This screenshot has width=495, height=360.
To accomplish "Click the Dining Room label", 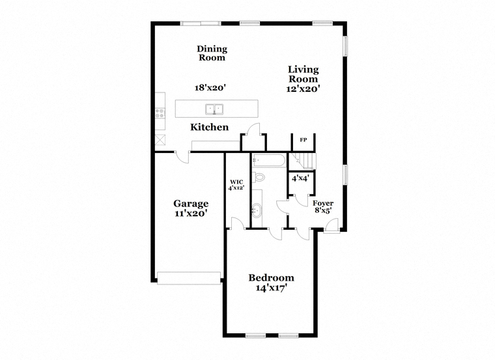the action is (212, 53).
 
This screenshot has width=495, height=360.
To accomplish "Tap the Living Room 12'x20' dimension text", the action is (303, 89).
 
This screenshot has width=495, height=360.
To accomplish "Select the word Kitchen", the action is (209, 127).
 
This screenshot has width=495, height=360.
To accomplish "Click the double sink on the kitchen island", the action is (214, 109).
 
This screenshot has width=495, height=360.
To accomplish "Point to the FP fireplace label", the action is (303, 140).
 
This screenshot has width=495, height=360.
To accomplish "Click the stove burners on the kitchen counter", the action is (160, 113).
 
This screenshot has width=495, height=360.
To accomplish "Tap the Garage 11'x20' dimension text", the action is (191, 214).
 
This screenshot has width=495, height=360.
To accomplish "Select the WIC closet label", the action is (236, 182).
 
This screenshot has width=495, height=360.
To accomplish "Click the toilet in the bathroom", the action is (259, 177).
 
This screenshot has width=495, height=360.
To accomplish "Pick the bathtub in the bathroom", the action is (270, 160).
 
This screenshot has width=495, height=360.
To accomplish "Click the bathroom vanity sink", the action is (257, 210).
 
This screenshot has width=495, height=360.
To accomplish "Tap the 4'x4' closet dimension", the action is (300, 178).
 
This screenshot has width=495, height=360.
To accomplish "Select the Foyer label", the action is (323, 204).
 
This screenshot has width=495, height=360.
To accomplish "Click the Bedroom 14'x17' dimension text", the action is (271, 288).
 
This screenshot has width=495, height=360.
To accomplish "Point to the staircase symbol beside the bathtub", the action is (302, 161).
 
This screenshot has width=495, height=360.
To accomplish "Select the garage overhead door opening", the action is (189, 278).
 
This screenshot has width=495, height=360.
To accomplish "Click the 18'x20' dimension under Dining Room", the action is (210, 88).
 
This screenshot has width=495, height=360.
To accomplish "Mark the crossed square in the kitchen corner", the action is (160, 140).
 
